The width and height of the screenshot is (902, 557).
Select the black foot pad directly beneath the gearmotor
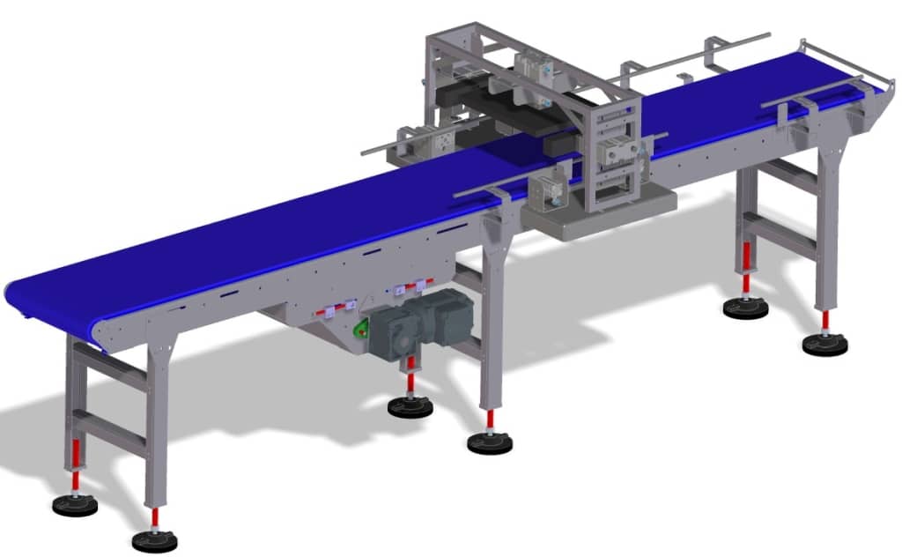[x=410, y=406]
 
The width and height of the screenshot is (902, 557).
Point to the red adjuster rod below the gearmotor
[x=410, y=380]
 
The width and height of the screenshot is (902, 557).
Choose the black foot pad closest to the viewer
[x=154, y=540]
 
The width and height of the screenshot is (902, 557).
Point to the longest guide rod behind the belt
[x=696, y=54]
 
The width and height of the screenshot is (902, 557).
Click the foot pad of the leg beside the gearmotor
[x=490, y=442]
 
